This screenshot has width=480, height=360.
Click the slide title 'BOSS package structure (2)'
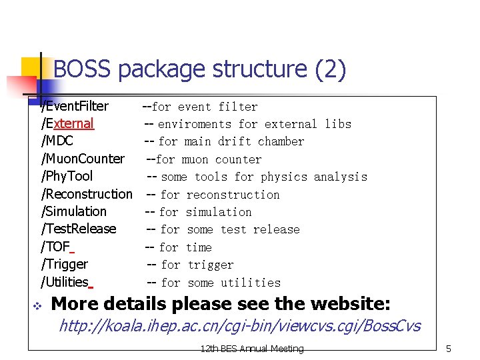click(199, 69)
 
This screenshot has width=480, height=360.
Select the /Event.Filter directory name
click(75, 106)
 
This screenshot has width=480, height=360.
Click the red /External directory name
click(67, 123)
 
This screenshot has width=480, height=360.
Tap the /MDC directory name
click(57, 141)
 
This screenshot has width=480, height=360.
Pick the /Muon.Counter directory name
click(83, 159)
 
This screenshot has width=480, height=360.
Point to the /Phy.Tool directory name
click(67, 176)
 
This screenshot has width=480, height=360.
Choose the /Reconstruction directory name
click(87, 194)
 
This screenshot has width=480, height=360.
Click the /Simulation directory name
click(74, 211)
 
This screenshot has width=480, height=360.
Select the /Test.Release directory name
click(79, 229)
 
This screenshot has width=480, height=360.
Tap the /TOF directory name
click(56, 247)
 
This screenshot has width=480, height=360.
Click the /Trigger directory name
click(65, 264)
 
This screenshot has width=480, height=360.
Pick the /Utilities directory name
click(65, 282)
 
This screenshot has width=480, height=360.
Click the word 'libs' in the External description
click(338, 124)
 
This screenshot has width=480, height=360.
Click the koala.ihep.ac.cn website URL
click(239, 326)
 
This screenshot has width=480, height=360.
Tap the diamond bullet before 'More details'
click(37, 305)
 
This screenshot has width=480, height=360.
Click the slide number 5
click(449, 349)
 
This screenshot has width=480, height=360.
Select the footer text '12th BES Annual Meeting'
click(251, 349)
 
